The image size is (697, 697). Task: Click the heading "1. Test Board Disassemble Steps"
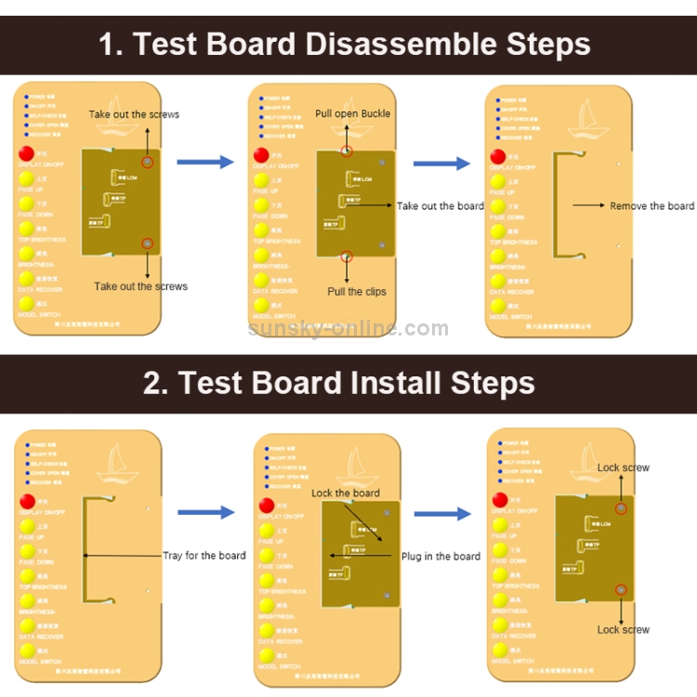345,45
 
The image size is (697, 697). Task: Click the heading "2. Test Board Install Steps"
339,383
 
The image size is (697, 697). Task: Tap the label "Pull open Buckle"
352,113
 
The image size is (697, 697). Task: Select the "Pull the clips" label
356,291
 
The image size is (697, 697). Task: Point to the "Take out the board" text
440,205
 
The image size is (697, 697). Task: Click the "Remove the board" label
651,205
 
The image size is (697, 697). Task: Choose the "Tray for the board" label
204,555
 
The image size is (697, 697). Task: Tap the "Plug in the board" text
441,556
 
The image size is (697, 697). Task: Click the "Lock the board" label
345,493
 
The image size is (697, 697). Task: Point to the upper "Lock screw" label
623,467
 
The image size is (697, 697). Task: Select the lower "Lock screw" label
623,629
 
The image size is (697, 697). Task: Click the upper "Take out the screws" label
134,114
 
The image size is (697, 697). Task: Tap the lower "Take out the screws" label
140,286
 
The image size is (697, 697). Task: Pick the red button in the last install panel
500,501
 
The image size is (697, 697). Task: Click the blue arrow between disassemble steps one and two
204,163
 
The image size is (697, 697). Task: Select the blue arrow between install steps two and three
442,514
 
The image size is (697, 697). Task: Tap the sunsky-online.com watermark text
348,327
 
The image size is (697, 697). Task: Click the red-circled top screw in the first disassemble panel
147,163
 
